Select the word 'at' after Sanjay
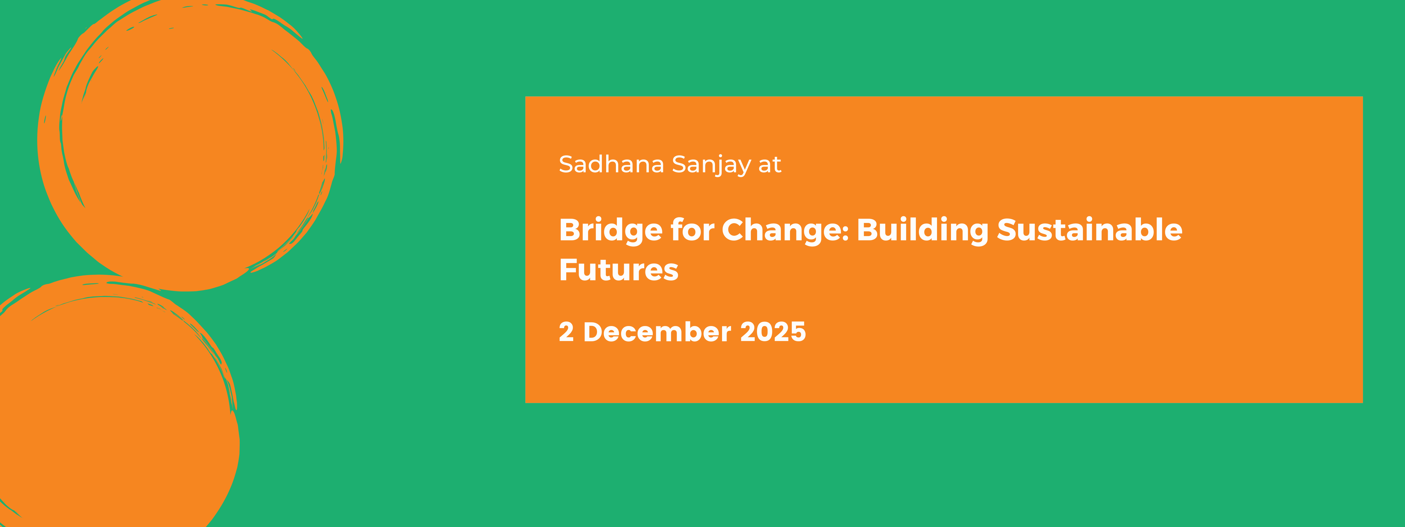[x=770, y=165]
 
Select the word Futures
[x=619, y=270]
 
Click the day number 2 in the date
[x=566, y=332]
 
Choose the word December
[x=657, y=332]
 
